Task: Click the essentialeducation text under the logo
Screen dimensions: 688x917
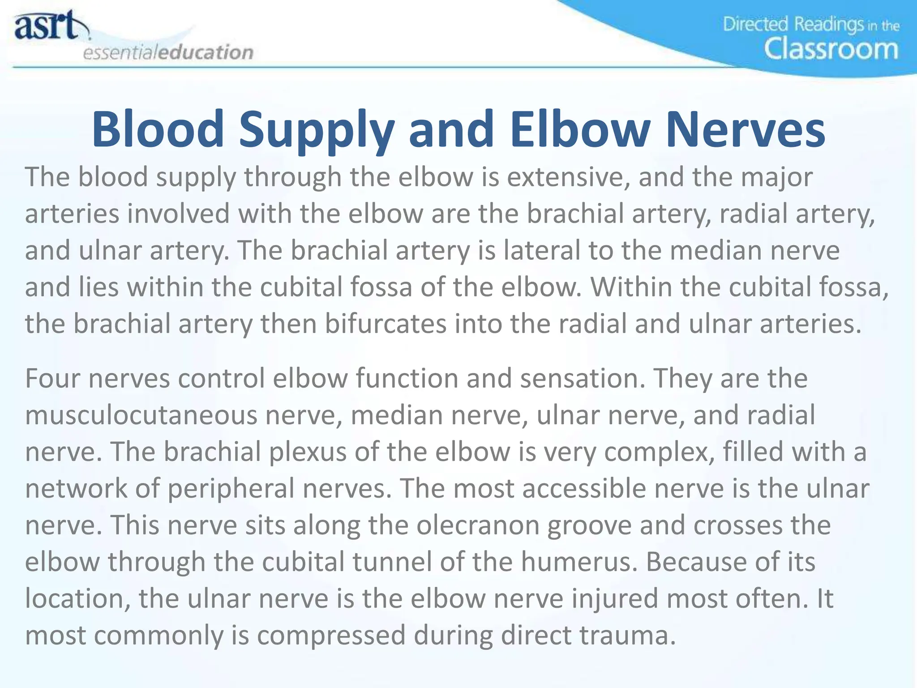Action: pos(168,52)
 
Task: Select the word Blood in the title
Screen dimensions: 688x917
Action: pos(158,129)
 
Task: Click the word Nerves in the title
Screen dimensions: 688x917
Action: pos(745,129)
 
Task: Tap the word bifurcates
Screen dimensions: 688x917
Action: pos(386,323)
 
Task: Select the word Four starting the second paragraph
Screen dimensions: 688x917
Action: pos(52,378)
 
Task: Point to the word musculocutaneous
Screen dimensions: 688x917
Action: pos(141,415)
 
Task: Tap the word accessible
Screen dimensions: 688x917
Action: pos(584,488)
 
